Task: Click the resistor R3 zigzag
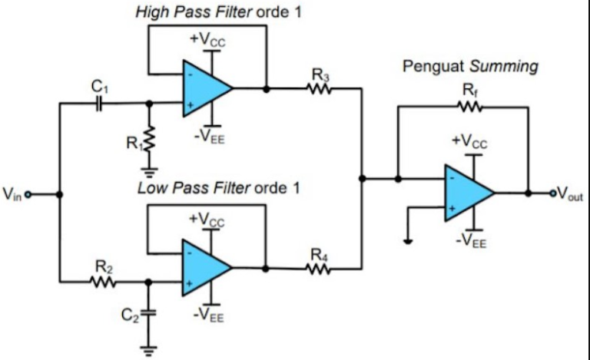pos(320,89)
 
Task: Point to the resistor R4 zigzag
pos(320,269)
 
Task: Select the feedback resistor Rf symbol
pos(469,107)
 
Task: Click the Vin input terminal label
pos(13,194)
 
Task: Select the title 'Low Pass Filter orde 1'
pos(218,188)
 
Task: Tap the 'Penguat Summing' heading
pos(470,67)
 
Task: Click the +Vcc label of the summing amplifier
pos(469,141)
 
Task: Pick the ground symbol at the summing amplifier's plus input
pos(408,240)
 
